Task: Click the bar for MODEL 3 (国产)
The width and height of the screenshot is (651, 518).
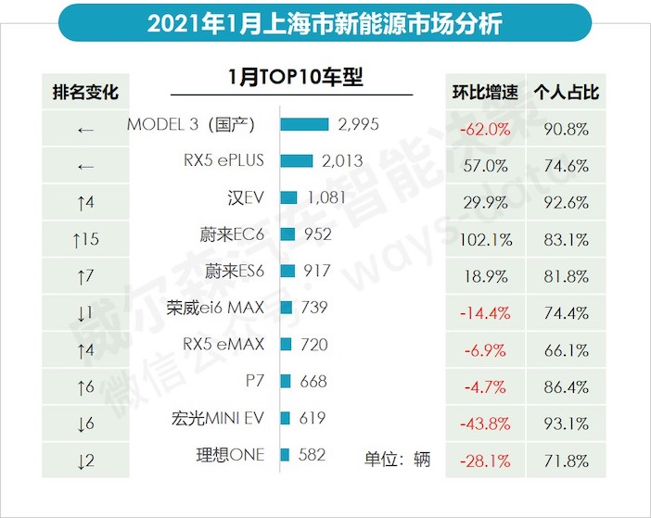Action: pyautogui.click(x=304, y=124)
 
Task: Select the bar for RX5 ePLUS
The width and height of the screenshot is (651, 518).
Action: pyautogui.click(x=296, y=160)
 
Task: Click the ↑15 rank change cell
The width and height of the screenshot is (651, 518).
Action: pyautogui.click(x=85, y=239)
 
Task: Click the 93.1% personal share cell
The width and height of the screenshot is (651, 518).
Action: pyautogui.click(x=567, y=423)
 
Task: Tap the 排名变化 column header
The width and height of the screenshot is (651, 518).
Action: pyautogui.click(x=86, y=93)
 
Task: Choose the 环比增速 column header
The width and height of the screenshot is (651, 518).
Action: pyautogui.click(x=481, y=93)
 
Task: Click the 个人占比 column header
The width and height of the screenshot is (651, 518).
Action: pyautogui.click(x=567, y=93)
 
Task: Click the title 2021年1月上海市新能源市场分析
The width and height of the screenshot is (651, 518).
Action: pyautogui.click(x=325, y=22)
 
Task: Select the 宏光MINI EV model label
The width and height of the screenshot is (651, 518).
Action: pyautogui.click(x=216, y=418)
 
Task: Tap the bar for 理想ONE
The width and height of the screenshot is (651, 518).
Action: pyautogui.click(x=285, y=454)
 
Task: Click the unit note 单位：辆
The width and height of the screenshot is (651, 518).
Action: pyautogui.click(x=396, y=459)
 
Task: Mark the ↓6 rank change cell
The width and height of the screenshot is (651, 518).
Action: pyautogui.click(x=85, y=423)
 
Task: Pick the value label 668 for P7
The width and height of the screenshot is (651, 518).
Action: pyautogui.click(x=313, y=381)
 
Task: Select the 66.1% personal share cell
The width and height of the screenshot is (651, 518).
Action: pyautogui.click(x=567, y=349)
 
